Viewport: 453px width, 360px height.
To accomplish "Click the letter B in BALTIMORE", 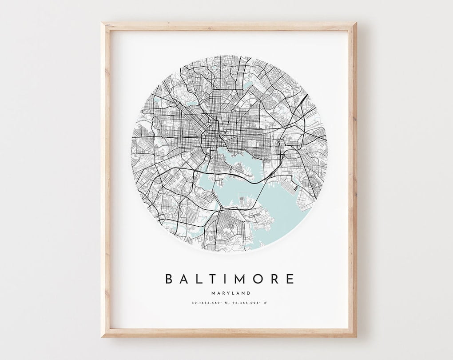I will pos(169,279).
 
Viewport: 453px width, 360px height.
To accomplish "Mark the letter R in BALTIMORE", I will pos(274,279).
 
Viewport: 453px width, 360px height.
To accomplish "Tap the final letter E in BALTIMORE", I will pos(290,279).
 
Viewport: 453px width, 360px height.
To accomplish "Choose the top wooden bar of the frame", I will pos(229,26).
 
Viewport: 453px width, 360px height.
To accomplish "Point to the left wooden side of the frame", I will pos(105,178).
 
